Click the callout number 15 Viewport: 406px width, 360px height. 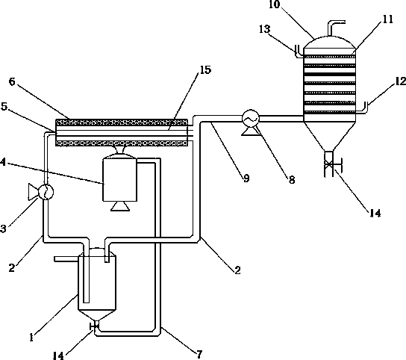pos(205,69)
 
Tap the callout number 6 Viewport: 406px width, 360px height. pos(13,82)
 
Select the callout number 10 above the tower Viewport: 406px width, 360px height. pos(274,4)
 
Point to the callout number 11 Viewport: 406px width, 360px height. pos(387,19)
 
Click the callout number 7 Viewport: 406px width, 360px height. pos(199,354)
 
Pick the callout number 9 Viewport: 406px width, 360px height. pos(246,178)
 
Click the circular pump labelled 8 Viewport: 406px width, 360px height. pos(251,119)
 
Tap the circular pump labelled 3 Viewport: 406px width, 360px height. pos(46,192)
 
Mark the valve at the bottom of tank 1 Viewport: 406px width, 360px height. pos(94,326)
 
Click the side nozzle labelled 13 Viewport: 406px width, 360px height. pos(299,52)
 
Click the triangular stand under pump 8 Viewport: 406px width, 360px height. pos(250,131)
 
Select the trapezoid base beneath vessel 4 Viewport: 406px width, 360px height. pos(120,206)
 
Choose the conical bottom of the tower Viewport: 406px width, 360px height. pos(329,137)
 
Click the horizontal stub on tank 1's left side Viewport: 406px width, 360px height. pos(66,259)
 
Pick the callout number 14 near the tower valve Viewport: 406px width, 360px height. pos(375,214)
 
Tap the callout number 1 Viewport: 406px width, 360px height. pos(31,338)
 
